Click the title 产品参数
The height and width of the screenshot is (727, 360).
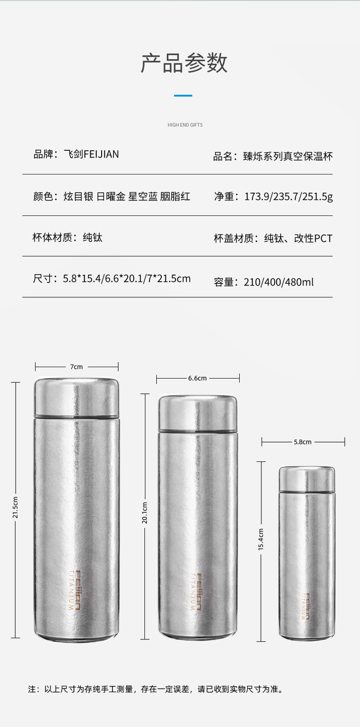tap(184, 63)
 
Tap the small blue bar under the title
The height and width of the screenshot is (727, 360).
tap(183, 96)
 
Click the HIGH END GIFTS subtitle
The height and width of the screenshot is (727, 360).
tap(185, 125)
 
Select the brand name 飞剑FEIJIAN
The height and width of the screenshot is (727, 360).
tap(91, 154)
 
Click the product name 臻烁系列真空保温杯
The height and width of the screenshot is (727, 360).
tap(288, 156)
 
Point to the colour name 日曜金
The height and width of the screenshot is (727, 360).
tap(111, 196)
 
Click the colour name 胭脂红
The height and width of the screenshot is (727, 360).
tap(175, 196)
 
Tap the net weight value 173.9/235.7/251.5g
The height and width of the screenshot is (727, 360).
tap(288, 197)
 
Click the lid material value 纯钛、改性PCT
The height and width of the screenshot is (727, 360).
tap(298, 238)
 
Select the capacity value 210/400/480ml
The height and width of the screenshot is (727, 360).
tap(279, 282)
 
